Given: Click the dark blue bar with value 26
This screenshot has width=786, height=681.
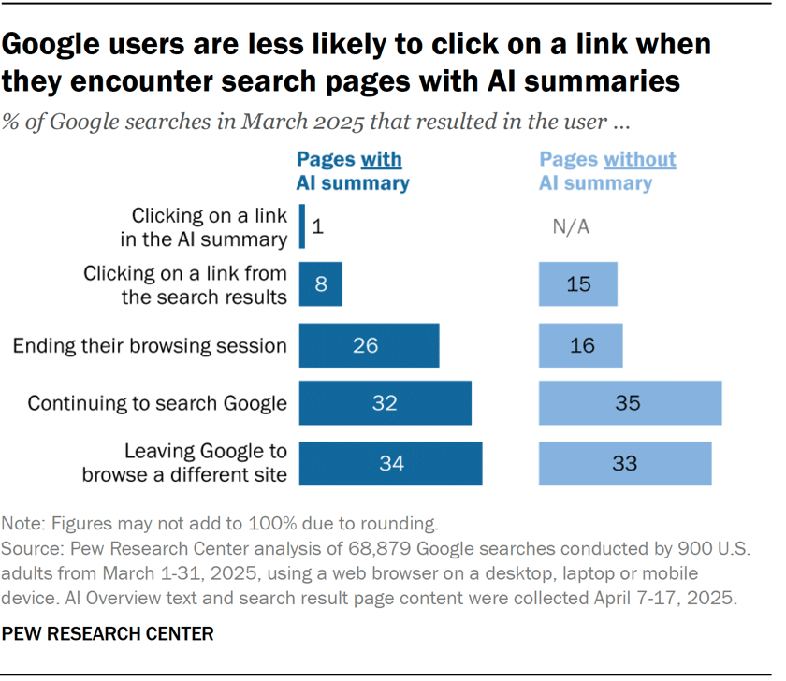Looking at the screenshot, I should pos(369,345).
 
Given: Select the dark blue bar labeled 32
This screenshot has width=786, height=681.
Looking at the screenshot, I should pos(385,404).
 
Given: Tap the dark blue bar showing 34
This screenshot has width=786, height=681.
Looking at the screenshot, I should pos(390,463).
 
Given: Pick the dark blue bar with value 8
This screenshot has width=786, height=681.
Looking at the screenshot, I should pos(320,284).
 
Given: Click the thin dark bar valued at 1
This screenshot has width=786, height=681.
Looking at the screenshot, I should pos(301,227).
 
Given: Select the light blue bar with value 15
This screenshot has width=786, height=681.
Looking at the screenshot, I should pos(578,284).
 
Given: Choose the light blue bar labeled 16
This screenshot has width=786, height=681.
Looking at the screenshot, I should pos(580,345).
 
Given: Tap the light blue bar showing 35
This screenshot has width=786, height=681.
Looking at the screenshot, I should pos(630,404).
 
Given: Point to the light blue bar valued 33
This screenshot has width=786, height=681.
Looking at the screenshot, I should pos(625,463).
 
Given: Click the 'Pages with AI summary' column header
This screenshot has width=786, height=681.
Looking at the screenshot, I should pos(353,171).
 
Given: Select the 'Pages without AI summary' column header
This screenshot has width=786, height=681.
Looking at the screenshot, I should pos(606,171).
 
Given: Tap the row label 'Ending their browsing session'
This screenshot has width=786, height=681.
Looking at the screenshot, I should pos(150,346).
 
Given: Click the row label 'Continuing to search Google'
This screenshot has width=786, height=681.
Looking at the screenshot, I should pos(157,404).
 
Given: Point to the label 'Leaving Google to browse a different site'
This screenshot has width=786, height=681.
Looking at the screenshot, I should pos(183,463).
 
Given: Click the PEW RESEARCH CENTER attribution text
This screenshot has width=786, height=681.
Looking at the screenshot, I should pos(108,634).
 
